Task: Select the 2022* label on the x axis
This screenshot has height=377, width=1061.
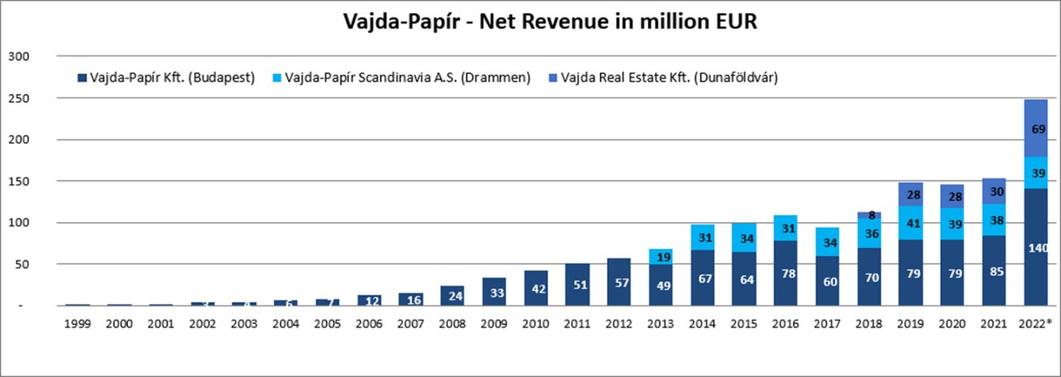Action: point(1035,325)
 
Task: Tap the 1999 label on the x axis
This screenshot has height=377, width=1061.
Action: point(77,325)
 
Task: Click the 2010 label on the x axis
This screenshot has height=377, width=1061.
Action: point(536,325)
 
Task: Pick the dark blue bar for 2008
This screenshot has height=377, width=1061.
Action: point(453,296)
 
